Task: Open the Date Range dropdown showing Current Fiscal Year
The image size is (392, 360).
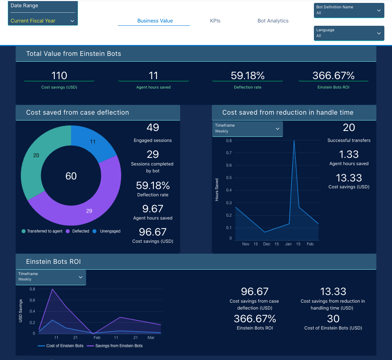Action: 43,21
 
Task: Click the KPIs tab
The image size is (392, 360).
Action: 215,21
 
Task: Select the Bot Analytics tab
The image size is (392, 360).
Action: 273,21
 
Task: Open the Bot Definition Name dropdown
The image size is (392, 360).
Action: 349,10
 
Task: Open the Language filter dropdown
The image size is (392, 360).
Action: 349,33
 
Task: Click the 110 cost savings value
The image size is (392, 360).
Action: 59,75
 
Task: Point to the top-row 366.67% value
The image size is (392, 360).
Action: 333,75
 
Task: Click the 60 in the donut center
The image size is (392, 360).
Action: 71,176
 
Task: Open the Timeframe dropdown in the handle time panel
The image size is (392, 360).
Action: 247,128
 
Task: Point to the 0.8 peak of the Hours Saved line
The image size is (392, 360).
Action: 294,141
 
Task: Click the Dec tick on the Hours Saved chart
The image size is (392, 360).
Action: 267,244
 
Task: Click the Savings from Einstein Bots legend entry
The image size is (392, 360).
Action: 119,346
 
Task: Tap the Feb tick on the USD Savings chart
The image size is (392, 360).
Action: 97,337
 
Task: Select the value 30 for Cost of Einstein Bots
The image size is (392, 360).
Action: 333,319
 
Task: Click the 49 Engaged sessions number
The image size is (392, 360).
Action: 153,127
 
